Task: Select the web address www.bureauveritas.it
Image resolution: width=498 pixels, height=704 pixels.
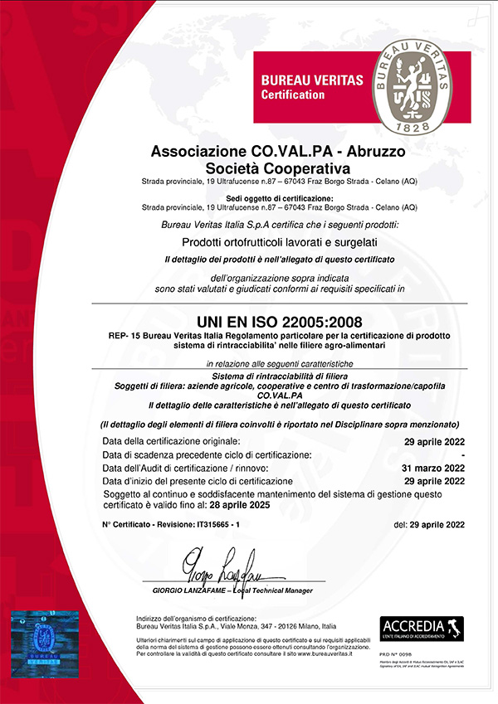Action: click(339, 654)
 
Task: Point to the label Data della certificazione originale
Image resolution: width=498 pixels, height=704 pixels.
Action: click(172, 440)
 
